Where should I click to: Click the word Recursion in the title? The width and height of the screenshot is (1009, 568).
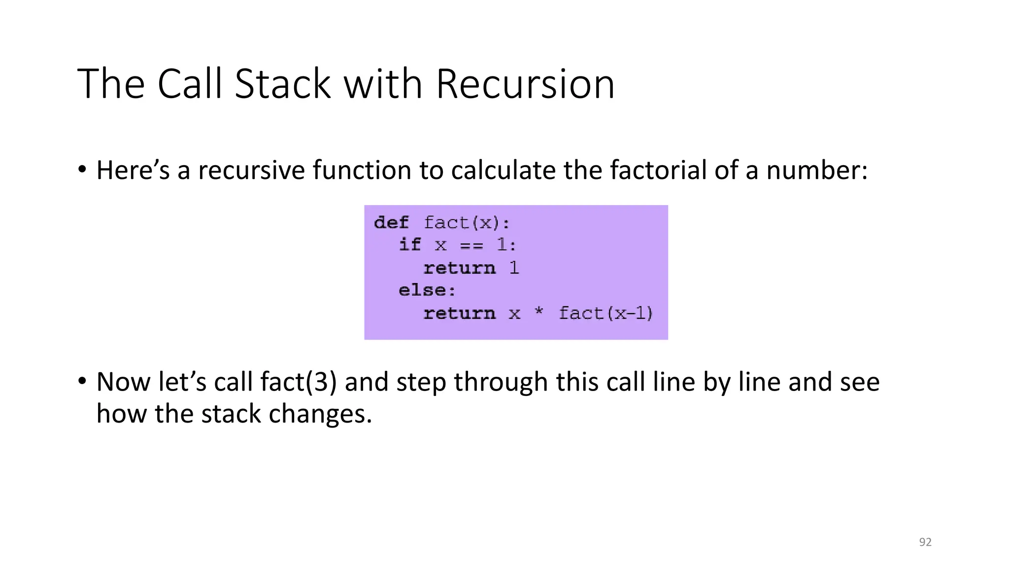[x=525, y=84]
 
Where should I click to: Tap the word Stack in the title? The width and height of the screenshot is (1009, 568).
[x=282, y=84]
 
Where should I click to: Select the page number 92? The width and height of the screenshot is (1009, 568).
[x=925, y=542]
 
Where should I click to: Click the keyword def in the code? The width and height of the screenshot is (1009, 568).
[x=391, y=223]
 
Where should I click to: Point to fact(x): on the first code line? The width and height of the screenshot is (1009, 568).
[x=467, y=223]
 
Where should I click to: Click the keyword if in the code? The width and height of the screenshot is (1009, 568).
[x=410, y=245]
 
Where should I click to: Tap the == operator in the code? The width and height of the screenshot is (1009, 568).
[x=471, y=246]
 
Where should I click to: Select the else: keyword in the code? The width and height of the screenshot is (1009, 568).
[x=427, y=290]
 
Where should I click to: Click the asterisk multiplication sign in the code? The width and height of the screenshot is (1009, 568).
[x=538, y=313]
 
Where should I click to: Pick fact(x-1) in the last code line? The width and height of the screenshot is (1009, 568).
[x=605, y=313]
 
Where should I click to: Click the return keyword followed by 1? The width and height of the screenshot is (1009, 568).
[x=459, y=268]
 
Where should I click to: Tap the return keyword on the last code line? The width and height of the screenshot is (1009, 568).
[x=459, y=314]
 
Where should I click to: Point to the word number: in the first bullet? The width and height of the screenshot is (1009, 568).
[x=816, y=170]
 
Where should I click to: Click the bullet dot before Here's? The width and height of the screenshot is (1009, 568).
[x=82, y=170]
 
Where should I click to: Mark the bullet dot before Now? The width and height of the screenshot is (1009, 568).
[x=82, y=381]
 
